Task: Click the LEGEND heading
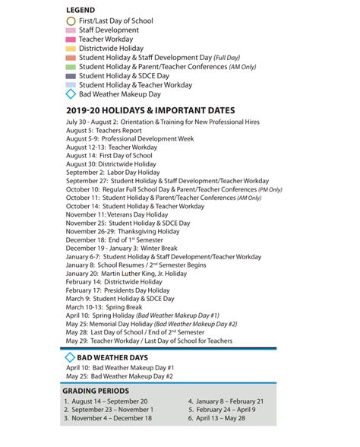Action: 80,9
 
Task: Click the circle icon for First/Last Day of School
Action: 71,21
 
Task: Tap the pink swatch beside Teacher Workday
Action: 71,40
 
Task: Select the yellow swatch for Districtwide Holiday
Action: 71,49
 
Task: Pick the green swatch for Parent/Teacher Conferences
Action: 71,67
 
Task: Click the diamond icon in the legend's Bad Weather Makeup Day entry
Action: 71,95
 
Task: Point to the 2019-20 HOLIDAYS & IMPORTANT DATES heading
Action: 150,111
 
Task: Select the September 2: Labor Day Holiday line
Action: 112,173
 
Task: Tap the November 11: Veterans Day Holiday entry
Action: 117,215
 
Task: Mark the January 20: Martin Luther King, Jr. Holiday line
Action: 126,273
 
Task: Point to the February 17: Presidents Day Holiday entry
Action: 118,290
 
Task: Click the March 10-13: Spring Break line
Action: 104,306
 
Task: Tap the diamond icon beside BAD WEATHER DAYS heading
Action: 71,357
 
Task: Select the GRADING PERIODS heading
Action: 95,391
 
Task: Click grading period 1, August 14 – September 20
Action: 106,401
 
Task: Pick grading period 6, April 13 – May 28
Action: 220,418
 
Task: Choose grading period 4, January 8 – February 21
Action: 226,401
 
